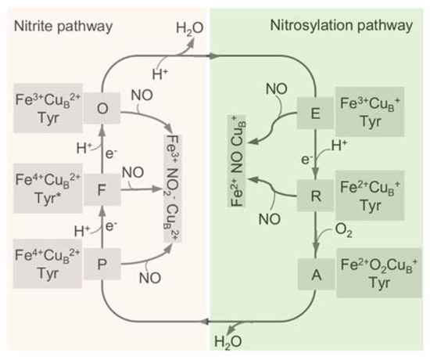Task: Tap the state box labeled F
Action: [x=102, y=189]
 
